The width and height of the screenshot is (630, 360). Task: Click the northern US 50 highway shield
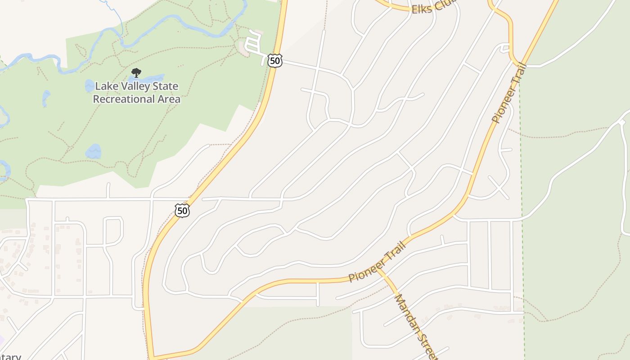274,61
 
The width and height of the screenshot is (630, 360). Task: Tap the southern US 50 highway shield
182,210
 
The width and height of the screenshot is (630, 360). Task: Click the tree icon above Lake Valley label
136,73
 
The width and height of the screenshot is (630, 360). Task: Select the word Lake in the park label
107,86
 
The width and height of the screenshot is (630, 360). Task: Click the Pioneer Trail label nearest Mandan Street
377,261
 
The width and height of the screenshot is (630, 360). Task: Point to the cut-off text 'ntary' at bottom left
10,357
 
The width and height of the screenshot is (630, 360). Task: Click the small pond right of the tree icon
153,78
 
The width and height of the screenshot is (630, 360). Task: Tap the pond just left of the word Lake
89,85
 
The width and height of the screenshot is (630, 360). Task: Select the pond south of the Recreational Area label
94,152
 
